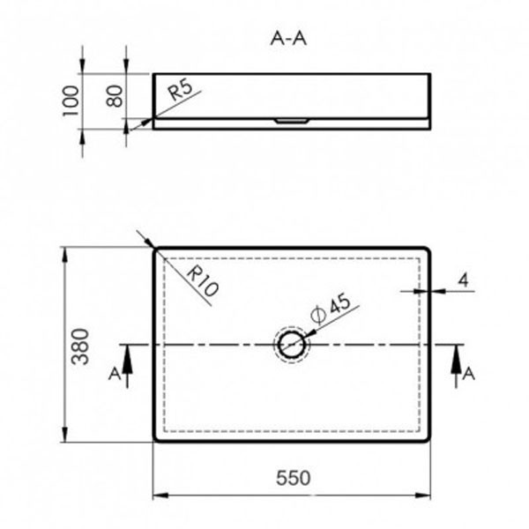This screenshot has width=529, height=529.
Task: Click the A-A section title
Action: click(x=291, y=39)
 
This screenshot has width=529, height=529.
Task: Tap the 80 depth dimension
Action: click(x=113, y=95)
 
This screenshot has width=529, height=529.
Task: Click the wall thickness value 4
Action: click(x=463, y=280)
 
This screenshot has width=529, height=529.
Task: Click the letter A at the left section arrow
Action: click(x=114, y=374)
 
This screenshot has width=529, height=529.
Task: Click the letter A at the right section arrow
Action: click(x=469, y=374)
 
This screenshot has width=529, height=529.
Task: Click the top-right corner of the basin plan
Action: click(x=429, y=250)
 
